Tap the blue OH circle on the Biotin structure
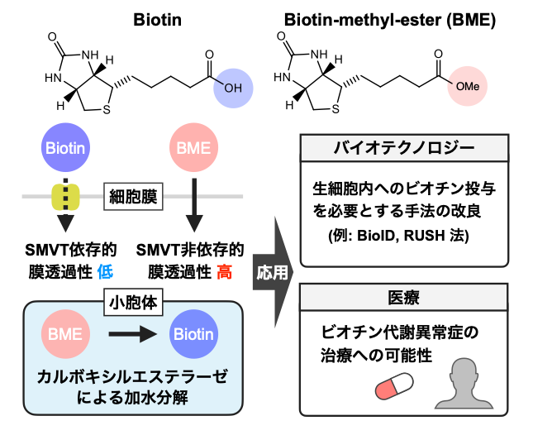234,87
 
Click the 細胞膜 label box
134,197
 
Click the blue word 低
104,270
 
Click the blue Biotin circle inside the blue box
193,335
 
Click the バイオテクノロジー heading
403,150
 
